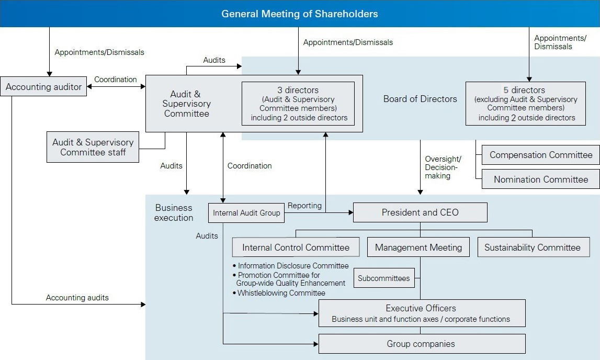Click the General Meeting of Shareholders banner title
pyautogui.click(x=300, y=14)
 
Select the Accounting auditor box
pyautogui.click(x=43, y=87)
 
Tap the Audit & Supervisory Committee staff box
pyautogui.click(x=93, y=147)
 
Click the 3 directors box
pyautogui.click(x=298, y=104)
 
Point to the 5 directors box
pyautogui.click(x=525, y=104)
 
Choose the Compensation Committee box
pyautogui.click(x=540, y=155)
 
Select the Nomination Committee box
pyautogui.click(x=540, y=179)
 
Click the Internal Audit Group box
pyautogui.click(x=246, y=213)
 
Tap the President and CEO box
pyautogui.click(x=420, y=212)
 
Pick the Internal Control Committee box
pyautogui.click(x=296, y=248)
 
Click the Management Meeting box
pyautogui.click(x=418, y=248)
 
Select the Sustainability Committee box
pyautogui.click(x=532, y=248)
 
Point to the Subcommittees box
pyautogui.click(x=385, y=278)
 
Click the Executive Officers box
pyautogui.click(x=421, y=313)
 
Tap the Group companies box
pyautogui.click(x=421, y=344)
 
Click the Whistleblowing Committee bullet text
pyautogui.click(x=281, y=293)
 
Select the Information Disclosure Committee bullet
pyautogui.click(x=292, y=266)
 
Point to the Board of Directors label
pyautogui.click(x=420, y=99)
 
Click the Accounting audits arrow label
pyautogui.click(x=77, y=298)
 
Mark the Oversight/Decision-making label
pyautogui.click(x=443, y=167)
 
